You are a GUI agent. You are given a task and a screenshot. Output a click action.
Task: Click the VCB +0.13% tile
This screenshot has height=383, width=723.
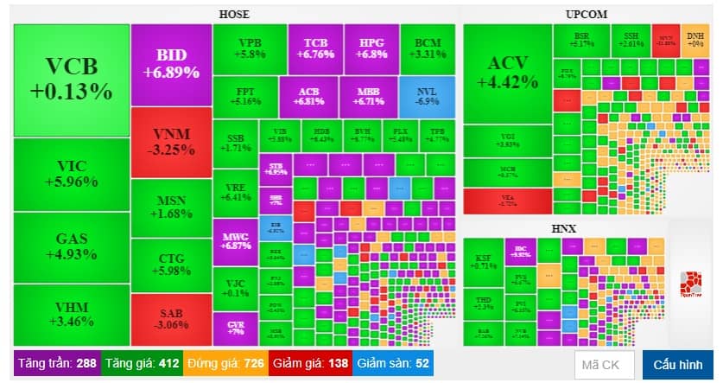coord(72,78)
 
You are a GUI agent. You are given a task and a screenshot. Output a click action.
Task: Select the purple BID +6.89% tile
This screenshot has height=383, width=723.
coord(171,63)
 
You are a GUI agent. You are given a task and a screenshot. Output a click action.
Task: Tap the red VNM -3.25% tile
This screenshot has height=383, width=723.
coord(171,141)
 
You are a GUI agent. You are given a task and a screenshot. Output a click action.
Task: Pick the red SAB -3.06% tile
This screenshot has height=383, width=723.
coord(171,318)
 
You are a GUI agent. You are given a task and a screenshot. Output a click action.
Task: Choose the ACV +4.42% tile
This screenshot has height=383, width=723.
coord(507,72)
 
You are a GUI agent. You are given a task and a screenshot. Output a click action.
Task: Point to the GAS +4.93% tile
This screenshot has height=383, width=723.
coord(72,246)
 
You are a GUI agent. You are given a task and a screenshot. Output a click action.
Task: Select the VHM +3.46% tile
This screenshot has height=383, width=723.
coord(72,314)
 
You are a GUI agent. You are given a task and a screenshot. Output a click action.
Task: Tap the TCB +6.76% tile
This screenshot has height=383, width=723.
coord(315,48)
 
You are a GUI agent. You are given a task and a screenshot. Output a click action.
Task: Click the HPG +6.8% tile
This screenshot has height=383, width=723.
coord(371,48)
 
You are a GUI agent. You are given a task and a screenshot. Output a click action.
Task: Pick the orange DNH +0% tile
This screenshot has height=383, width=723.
coord(694,39)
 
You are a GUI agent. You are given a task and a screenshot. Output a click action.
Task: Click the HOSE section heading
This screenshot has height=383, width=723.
coord(234,14)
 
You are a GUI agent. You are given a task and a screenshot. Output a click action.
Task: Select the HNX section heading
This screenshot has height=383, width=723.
coord(563,228)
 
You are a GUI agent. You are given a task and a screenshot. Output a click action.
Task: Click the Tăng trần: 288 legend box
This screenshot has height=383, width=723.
coord(57,363)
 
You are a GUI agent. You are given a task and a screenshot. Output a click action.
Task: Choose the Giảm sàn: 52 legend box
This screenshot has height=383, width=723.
coord(393,363)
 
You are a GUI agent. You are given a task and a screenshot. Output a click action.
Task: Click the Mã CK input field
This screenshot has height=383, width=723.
coord(604,364)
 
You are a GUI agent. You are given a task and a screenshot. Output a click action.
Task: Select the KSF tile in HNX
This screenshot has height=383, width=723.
coord(482,260)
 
